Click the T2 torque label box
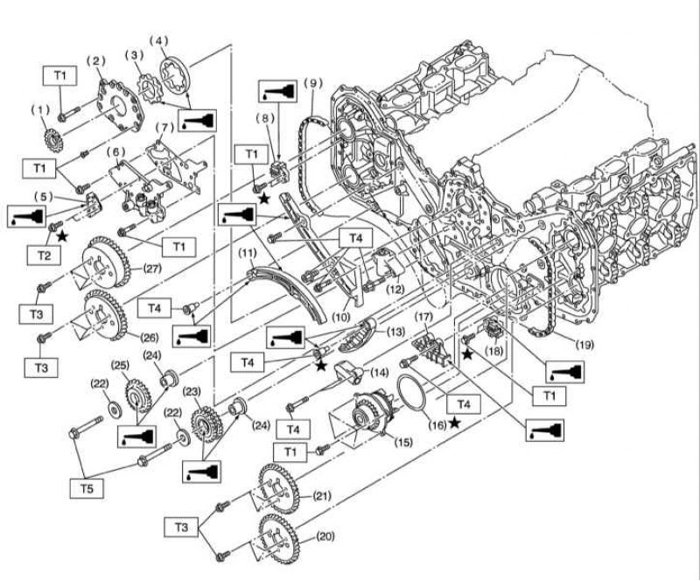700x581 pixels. click(44, 255)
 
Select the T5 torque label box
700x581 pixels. click(87, 488)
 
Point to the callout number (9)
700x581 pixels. click(312, 83)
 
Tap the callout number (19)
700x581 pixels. click(584, 345)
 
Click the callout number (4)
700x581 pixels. click(158, 40)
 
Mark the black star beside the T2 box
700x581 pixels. click(62, 235)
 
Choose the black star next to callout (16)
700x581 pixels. click(454, 422)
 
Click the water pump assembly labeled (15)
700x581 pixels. click(368, 412)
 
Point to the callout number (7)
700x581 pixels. click(164, 128)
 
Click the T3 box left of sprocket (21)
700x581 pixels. click(181, 528)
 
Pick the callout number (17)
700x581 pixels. click(423, 317)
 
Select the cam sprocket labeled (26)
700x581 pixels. click(105, 316)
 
